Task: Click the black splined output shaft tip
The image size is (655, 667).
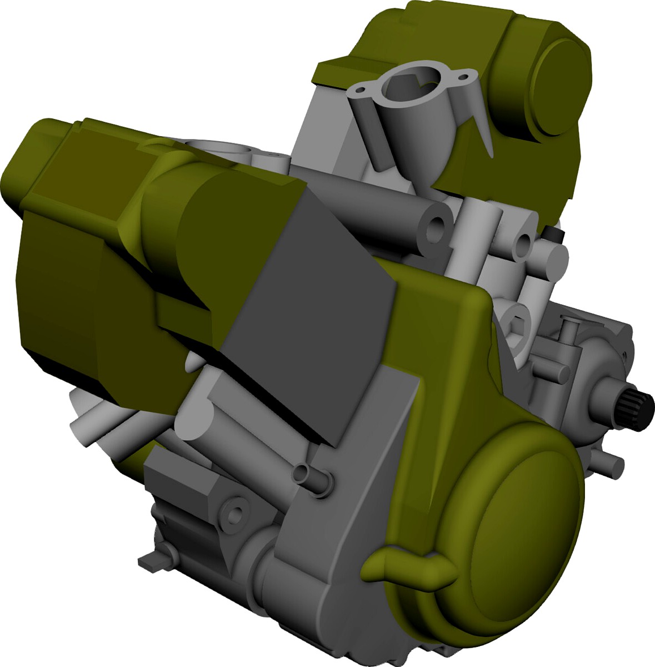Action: pyautogui.click(x=644, y=410)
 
